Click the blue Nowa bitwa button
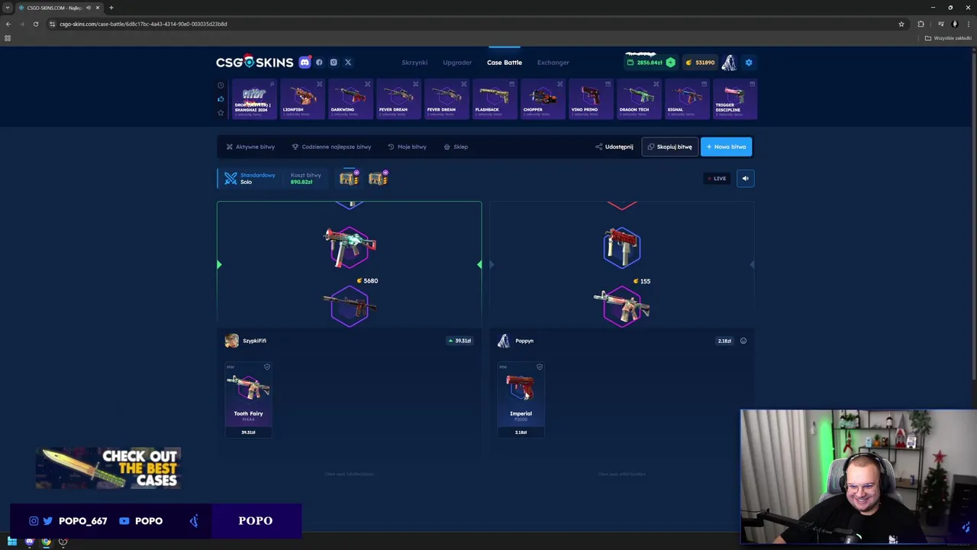tap(726, 147)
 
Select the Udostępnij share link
tap(614, 147)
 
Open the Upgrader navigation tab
tap(457, 63)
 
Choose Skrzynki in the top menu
tap(414, 63)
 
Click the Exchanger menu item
tap(553, 63)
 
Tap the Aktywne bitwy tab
tap(250, 147)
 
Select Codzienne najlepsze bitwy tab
tap(331, 147)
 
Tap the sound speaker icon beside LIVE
tap(746, 179)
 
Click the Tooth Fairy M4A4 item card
tap(248, 400)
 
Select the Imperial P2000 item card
tap(521, 400)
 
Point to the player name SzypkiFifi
tap(254, 341)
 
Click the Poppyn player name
tap(524, 341)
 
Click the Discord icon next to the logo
tap(305, 63)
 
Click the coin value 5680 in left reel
tap(370, 281)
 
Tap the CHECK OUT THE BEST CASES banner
tap(108, 467)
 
